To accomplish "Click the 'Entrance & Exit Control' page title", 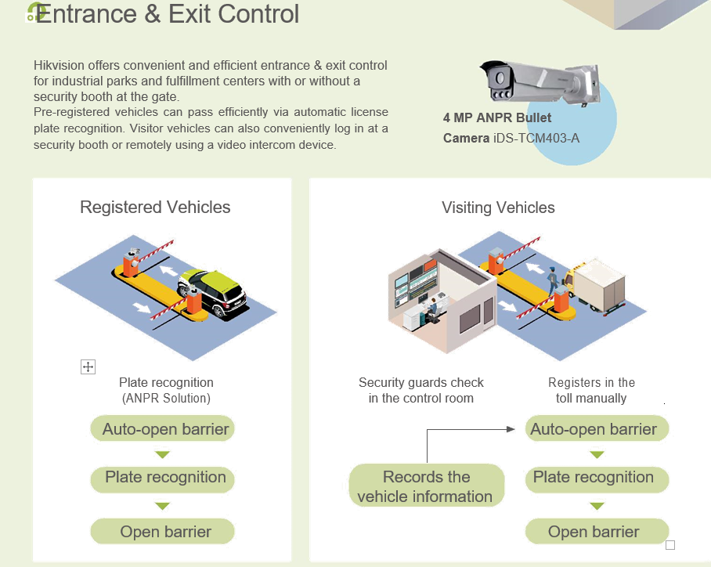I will (167, 14).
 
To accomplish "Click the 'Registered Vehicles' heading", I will (155, 208).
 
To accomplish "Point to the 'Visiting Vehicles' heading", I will (498, 208).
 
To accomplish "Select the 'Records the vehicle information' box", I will (425, 486).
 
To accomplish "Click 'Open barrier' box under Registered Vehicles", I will (165, 532).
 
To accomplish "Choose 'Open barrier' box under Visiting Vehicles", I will (594, 532).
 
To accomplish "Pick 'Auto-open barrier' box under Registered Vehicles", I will (165, 429).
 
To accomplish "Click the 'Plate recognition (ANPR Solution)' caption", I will (166, 390).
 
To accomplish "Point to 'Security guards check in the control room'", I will (421, 390).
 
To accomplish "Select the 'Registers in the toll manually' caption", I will (591, 390).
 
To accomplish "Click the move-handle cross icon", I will (88, 367).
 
